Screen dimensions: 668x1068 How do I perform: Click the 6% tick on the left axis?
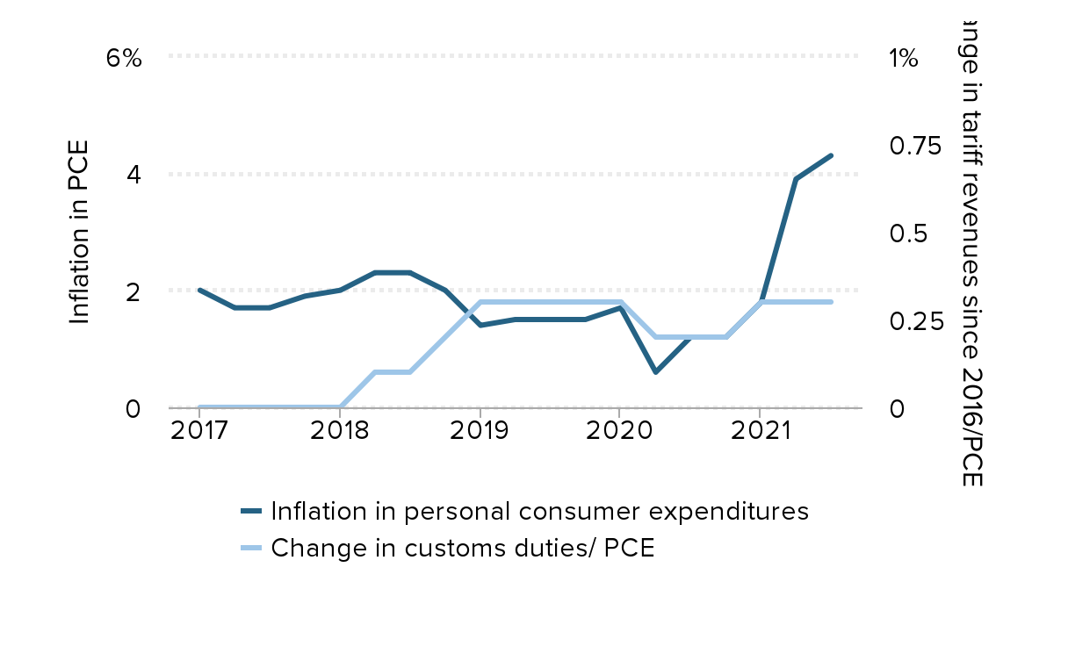click(123, 59)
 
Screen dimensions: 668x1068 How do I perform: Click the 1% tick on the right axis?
click(904, 59)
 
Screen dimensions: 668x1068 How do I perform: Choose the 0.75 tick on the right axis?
click(915, 146)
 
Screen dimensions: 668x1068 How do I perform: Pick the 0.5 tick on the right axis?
click(908, 233)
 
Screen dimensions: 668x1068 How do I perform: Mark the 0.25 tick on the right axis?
click(915, 321)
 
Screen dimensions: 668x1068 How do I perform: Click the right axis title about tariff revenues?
click(970, 250)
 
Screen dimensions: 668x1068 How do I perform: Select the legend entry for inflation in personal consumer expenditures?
click(539, 511)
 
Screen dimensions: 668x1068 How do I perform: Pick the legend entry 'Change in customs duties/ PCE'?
click(463, 548)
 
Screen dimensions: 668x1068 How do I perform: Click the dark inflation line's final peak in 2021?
click(831, 155)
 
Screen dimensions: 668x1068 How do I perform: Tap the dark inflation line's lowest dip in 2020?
click(655, 372)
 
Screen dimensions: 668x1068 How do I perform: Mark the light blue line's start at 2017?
click(200, 407)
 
